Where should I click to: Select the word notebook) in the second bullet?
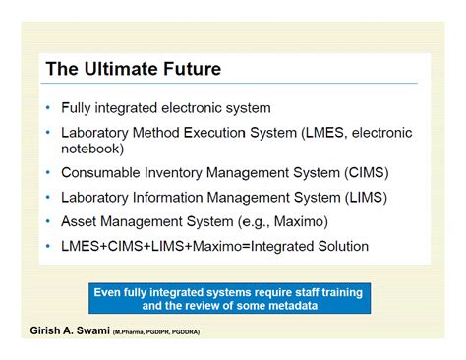[x=92, y=149]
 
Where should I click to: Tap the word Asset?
[x=79, y=221]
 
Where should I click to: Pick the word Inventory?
[x=183, y=172]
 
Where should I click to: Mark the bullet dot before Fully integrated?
[x=49, y=108]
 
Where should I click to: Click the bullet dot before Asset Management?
[x=49, y=221]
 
